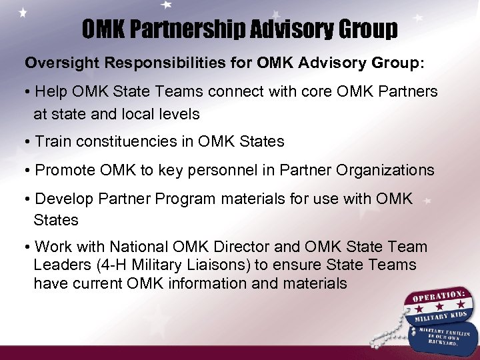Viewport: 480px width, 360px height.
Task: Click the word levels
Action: pos(180,114)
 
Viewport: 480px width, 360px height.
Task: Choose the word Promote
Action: pos(63,170)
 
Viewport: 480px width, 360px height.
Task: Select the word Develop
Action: pos(62,199)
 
